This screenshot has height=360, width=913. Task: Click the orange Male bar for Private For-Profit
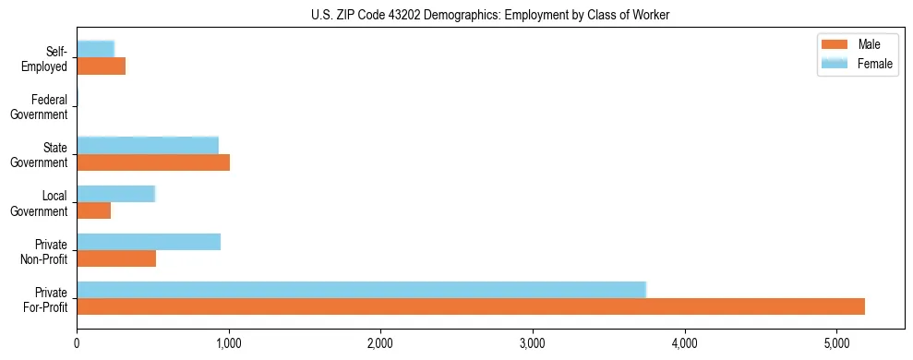click(x=471, y=306)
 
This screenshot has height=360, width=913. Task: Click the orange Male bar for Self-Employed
click(x=101, y=66)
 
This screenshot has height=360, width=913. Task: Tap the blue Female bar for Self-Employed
click(x=95, y=50)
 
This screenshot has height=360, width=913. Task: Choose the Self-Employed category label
click(x=45, y=59)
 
